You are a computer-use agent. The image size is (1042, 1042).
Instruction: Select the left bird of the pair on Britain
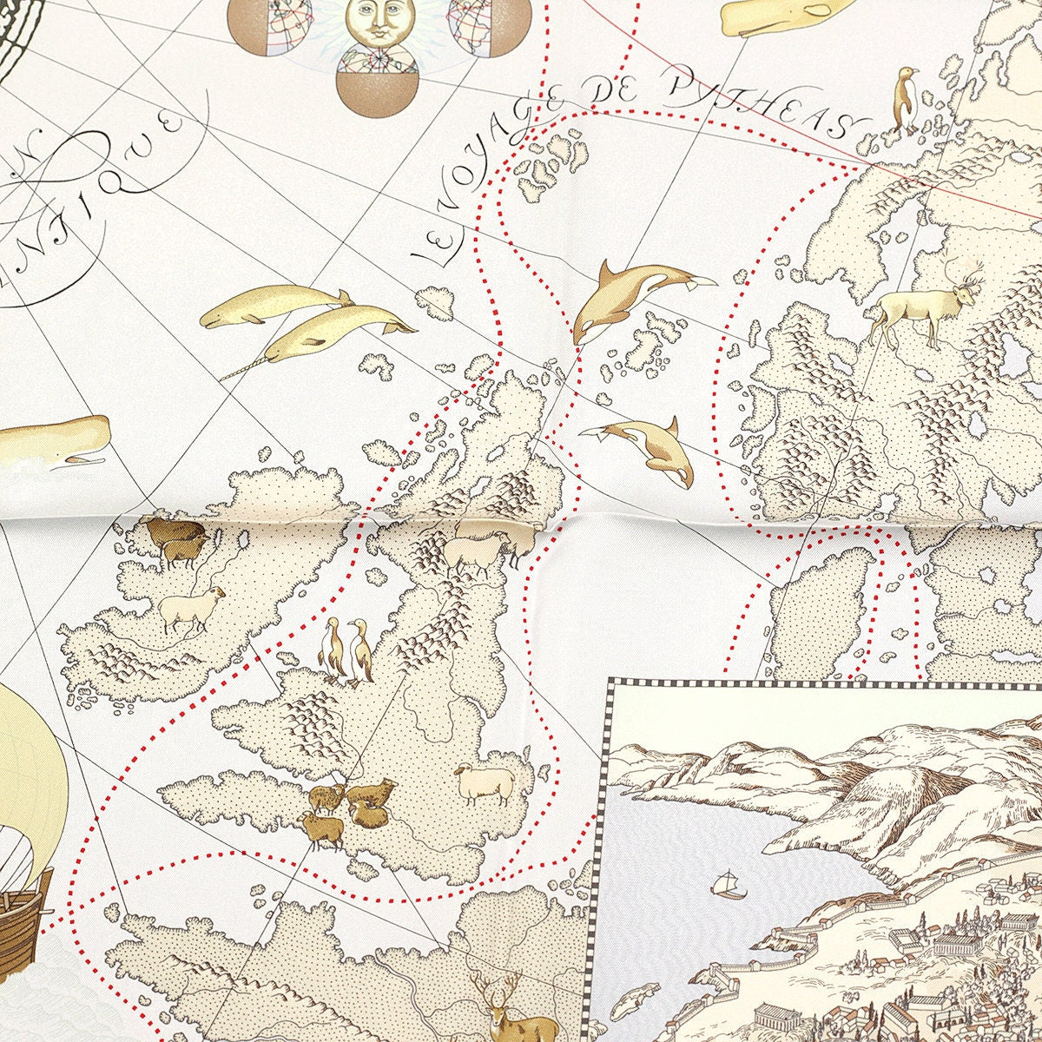click(331, 648)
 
